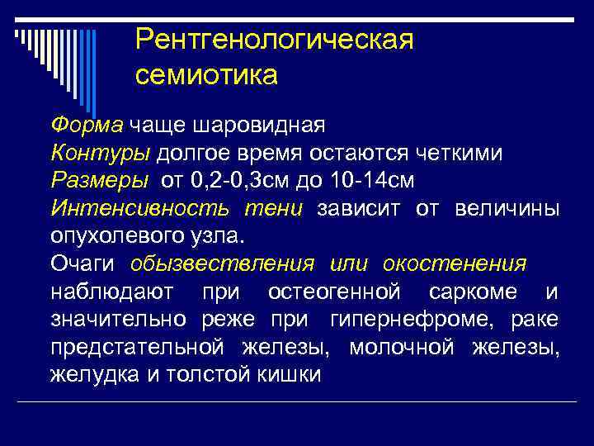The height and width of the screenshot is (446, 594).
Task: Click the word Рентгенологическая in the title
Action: [x=274, y=40]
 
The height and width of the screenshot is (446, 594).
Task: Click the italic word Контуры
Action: [x=100, y=153]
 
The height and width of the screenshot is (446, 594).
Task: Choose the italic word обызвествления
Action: [x=221, y=263]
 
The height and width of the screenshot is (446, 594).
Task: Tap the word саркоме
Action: [x=482, y=292]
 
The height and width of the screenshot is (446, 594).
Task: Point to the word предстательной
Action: [x=136, y=347]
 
